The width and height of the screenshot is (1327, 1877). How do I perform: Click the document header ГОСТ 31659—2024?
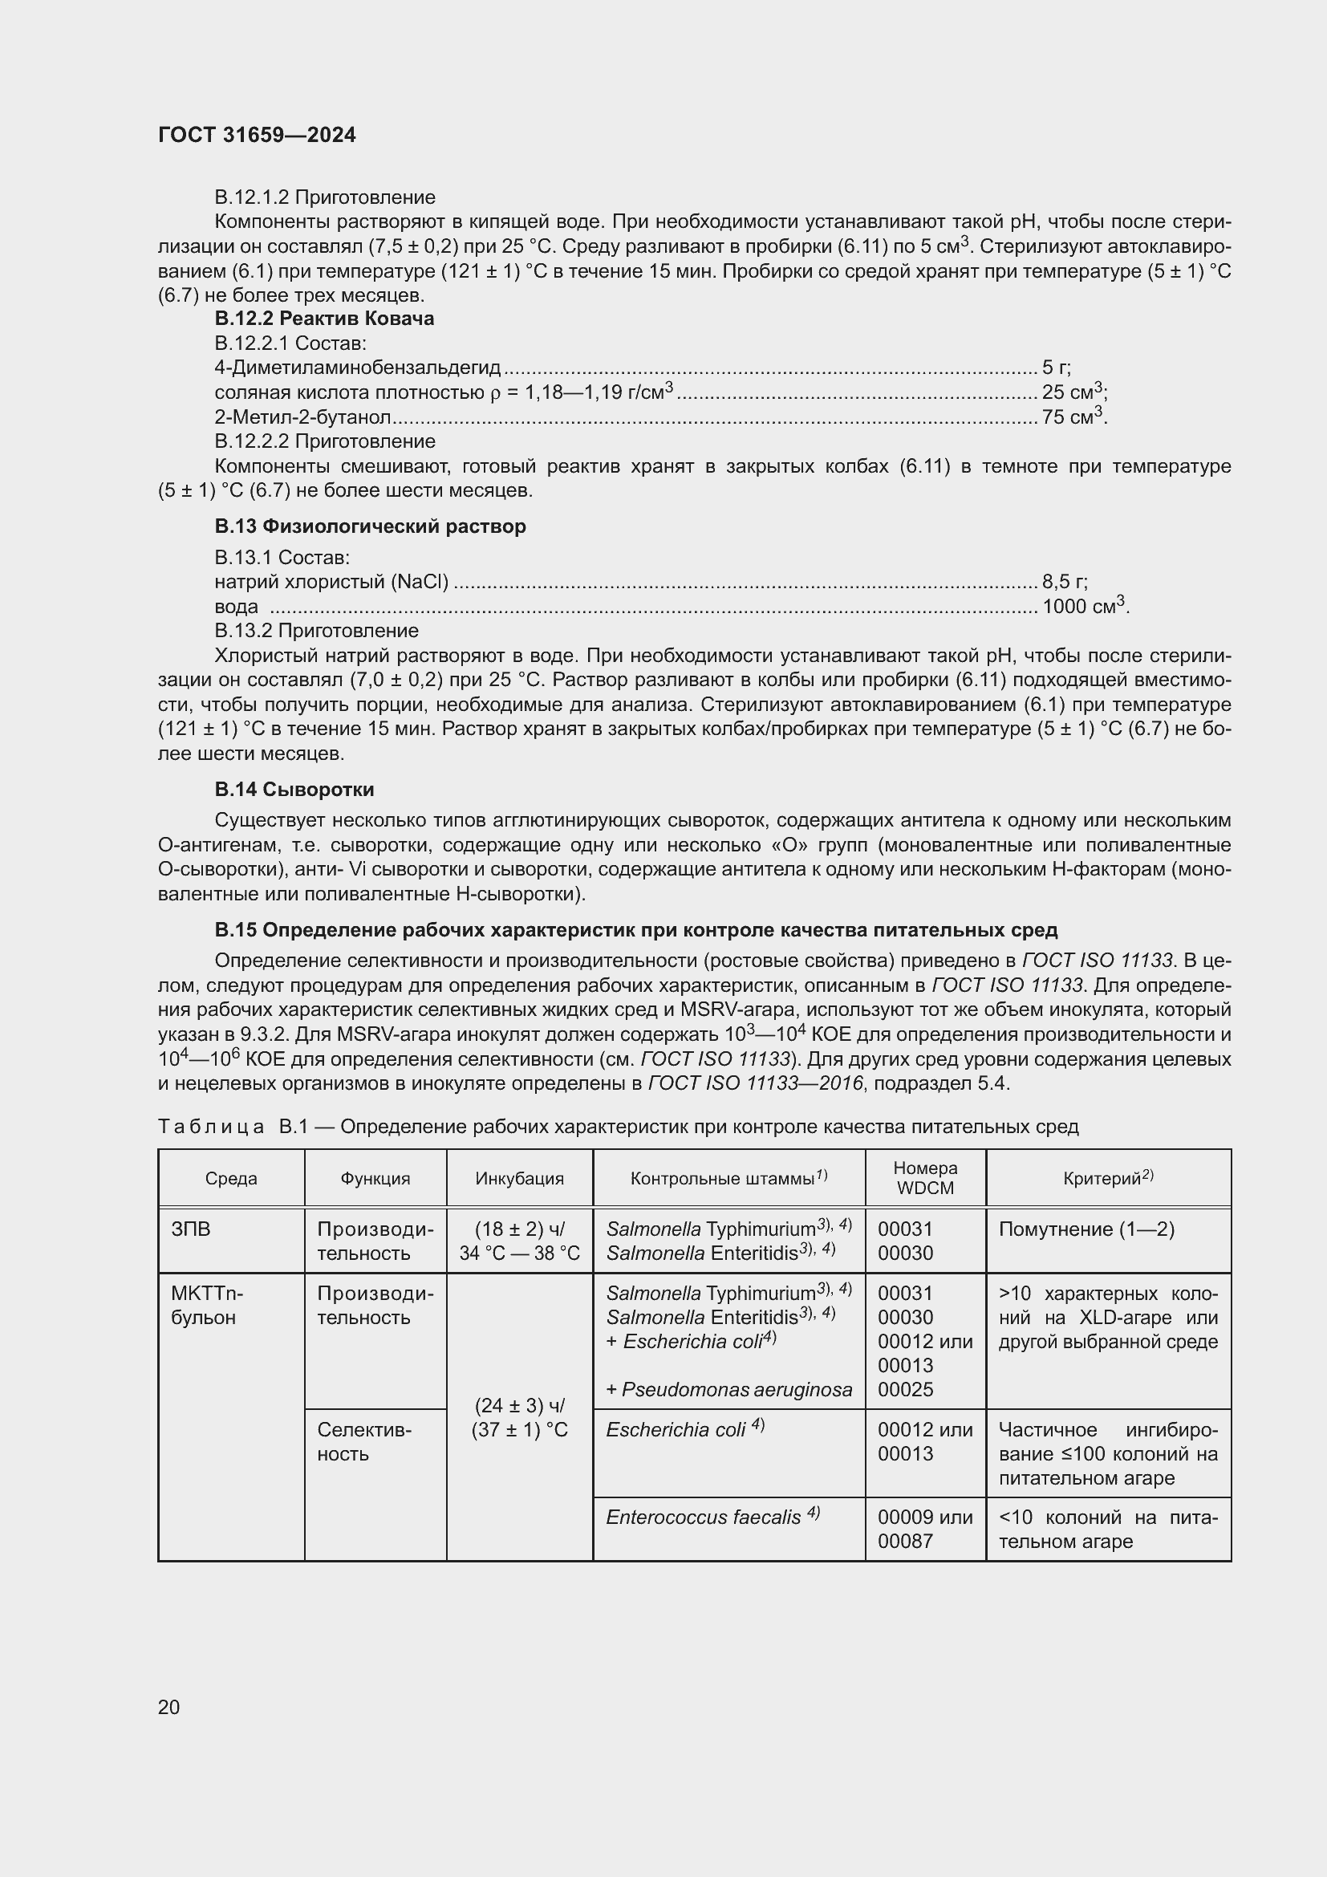tap(257, 135)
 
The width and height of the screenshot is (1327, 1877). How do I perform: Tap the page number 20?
tap(168, 1707)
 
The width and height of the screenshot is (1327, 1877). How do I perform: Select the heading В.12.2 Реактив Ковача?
tap(323, 318)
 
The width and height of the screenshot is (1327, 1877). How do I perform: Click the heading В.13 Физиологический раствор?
tap(369, 526)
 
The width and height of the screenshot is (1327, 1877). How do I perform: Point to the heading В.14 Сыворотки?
tap(294, 789)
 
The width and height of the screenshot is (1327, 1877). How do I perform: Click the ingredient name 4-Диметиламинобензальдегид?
tap(357, 368)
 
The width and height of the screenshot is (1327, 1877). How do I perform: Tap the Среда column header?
tap(230, 1178)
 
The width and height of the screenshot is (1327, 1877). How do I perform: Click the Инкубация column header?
tap(519, 1178)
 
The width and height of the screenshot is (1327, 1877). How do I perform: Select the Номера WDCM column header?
tap(925, 1177)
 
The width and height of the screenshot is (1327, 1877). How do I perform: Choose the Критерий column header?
tap(1107, 1178)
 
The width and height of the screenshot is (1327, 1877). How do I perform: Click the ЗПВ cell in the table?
tap(190, 1229)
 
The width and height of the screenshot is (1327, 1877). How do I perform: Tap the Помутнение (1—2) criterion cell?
tap(1086, 1229)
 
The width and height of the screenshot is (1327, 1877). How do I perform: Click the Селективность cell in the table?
tap(364, 1441)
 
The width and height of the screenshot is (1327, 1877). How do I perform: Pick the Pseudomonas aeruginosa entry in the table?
tap(728, 1389)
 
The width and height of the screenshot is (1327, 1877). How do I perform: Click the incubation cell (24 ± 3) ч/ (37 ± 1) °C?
tap(519, 1417)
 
